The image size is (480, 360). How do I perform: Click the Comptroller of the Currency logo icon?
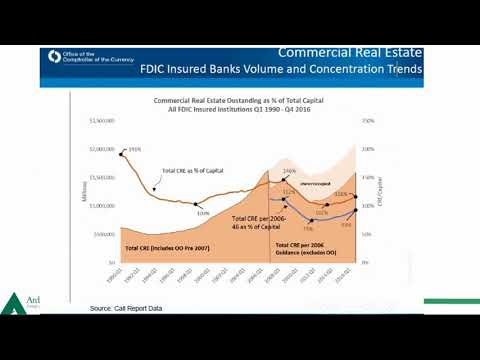[52, 58]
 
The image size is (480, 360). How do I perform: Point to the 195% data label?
[134, 150]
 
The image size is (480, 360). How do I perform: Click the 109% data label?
[203, 213]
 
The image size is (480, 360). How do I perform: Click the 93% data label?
[344, 225]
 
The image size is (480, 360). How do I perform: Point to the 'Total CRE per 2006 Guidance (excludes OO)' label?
[302, 248]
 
